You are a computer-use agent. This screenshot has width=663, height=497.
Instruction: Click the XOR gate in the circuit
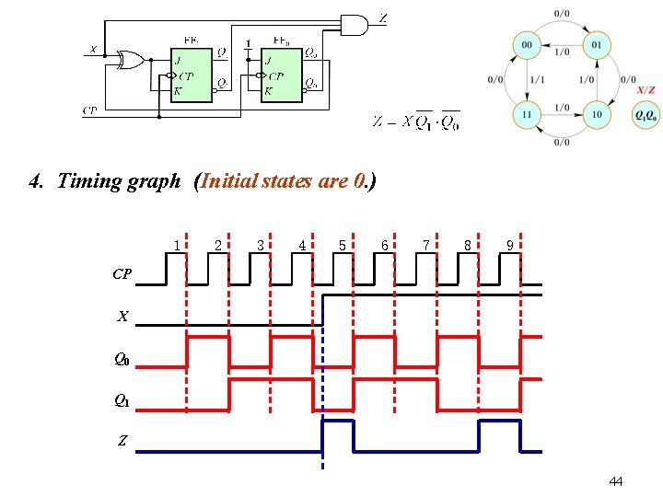[129, 61]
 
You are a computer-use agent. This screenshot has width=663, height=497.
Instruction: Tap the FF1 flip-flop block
[192, 73]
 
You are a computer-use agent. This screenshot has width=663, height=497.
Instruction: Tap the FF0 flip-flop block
[283, 73]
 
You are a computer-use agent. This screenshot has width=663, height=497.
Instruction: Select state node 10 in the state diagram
[597, 115]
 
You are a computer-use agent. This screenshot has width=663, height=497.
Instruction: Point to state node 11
[528, 115]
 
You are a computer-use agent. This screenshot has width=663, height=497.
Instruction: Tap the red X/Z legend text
[646, 89]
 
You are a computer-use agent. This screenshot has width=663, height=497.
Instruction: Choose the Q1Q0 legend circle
[646, 115]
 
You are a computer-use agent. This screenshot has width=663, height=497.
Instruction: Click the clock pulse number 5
[343, 245]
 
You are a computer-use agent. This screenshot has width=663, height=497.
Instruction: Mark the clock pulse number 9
[509, 245]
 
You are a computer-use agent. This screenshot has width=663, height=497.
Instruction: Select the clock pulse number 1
[176, 245]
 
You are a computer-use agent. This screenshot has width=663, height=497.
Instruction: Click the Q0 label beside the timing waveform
[122, 360]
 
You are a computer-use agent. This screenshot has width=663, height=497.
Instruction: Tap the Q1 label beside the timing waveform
[122, 400]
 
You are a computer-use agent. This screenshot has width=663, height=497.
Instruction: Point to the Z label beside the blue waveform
[122, 441]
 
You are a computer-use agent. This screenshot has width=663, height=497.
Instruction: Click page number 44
[616, 481]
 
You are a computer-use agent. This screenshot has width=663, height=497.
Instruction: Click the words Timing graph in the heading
[119, 180]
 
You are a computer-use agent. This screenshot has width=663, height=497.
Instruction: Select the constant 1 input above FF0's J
[248, 43]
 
